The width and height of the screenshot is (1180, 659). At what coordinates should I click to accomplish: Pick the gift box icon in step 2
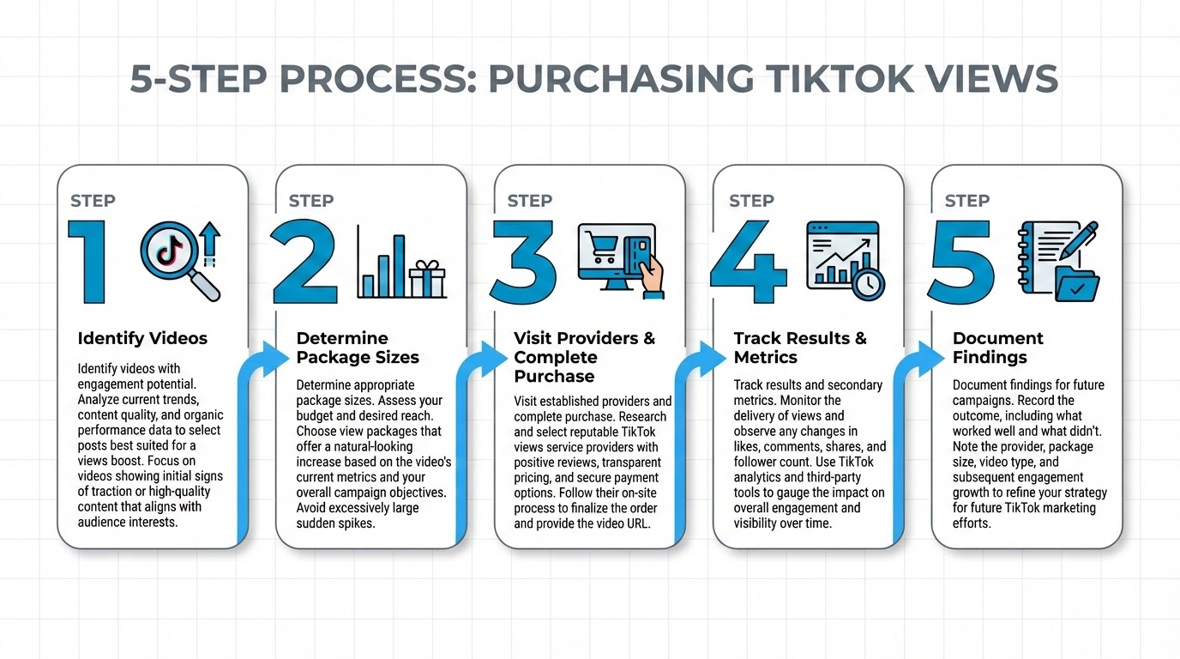[x=427, y=279]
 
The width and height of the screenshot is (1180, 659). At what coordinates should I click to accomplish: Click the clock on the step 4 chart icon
[x=868, y=282]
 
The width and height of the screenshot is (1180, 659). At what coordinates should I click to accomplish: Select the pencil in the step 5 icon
[x=1077, y=240]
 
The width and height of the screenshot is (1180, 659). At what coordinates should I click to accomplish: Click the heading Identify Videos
[x=142, y=338]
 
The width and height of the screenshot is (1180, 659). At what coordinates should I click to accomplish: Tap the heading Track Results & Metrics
[x=799, y=348]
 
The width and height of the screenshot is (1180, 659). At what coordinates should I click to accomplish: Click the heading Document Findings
[x=998, y=348]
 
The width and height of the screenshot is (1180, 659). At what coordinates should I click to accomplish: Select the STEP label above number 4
[x=751, y=201]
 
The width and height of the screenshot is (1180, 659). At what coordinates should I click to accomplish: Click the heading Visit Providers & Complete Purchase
[x=584, y=357]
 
